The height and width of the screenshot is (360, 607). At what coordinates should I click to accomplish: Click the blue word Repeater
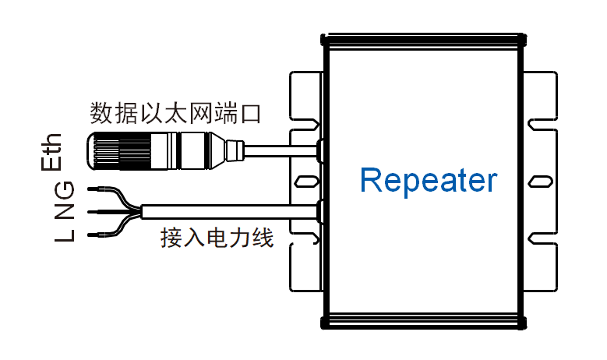[x=428, y=181]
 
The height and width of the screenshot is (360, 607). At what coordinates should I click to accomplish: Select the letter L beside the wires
[x=65, y=234]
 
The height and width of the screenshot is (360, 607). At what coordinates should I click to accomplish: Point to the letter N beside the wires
[x=65, y=212]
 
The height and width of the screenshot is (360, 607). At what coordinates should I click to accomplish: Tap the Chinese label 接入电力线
[x=217, y=238]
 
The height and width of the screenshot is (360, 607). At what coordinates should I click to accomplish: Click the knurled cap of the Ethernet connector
[x=117, y=150]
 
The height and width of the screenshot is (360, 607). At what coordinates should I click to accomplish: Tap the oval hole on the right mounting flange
[x=540, y=182]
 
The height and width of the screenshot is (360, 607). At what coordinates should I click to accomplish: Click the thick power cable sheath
[x=234, y=211]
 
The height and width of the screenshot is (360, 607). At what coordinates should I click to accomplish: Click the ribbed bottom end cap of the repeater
[x=422, y=322]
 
